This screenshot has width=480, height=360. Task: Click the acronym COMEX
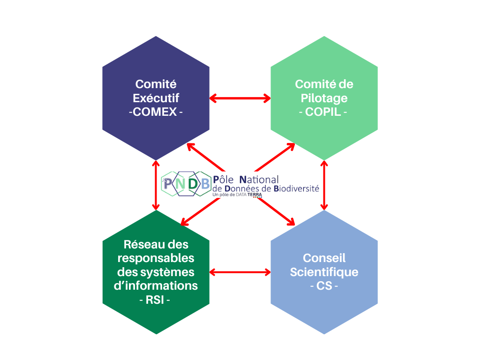pos(156,112)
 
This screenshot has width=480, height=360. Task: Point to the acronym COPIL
pos(324,112)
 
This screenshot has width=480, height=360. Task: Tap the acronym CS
pos(324,286)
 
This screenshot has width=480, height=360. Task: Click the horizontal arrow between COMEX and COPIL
pos(240,98)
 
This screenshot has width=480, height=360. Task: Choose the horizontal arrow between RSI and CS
pos(240,272)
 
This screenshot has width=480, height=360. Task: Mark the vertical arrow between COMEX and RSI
pos(156,185)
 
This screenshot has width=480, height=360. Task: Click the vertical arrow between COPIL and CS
pos(323,185)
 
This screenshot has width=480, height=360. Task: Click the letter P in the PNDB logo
pos(169,184)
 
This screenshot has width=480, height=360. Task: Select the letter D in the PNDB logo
pos(193,184)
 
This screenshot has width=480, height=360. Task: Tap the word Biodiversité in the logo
pos(296,188)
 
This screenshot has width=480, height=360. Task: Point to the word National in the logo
pos(259,180)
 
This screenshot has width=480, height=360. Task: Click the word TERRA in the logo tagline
pos(255,195)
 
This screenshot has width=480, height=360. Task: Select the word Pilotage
pos(324,98)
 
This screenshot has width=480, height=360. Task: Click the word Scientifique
pos(324,272)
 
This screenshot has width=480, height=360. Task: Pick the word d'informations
pos(156,286)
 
